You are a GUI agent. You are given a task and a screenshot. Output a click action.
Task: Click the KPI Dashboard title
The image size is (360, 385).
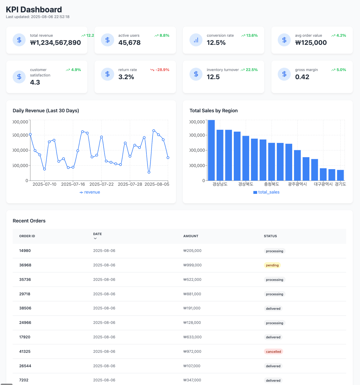tap(34, 10)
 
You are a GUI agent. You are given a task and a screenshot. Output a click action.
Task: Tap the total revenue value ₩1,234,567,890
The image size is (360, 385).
tap(55, 43)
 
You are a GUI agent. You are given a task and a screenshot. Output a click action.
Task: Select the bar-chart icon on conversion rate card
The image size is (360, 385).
tap(196, 40)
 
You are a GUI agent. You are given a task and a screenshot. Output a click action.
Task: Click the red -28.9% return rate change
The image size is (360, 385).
tap(160, 70)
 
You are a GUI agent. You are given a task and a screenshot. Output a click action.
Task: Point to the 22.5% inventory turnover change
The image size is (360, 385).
tap(249, 70)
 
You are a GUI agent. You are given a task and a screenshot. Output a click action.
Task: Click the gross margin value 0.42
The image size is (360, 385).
tap(302, 77)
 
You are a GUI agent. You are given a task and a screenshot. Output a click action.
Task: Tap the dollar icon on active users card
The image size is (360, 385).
tap(108, 40)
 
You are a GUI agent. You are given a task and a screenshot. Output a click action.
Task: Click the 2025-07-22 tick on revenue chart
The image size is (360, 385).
tap(102, 184)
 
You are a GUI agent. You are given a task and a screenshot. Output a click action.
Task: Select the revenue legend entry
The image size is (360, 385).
tap(90, 192)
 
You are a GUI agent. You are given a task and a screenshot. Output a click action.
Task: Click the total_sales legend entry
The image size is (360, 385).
tap(267, 192)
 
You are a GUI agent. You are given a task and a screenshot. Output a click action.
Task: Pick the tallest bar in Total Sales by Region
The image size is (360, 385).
tap(211, 150)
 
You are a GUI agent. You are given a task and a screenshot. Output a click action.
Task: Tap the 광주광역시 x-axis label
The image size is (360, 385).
tap(297, 184)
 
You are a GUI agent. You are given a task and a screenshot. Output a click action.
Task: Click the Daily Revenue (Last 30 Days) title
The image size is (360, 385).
tap(46, 110)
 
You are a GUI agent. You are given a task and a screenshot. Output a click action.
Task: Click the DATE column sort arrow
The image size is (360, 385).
tap(95, 238)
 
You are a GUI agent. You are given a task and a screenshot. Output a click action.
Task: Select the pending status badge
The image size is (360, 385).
tap(272, 265)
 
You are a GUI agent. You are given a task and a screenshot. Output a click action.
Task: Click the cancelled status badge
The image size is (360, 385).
tap(274, 352)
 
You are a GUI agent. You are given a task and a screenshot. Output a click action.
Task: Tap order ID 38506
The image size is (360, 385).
tap(25, 308)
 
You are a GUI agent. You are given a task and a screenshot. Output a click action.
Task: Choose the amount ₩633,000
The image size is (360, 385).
tap(193, 337)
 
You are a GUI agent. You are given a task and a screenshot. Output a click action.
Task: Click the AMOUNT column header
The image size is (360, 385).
tap(191, 236)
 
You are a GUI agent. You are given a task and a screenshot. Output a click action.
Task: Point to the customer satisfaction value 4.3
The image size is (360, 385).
tap(35, 82)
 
